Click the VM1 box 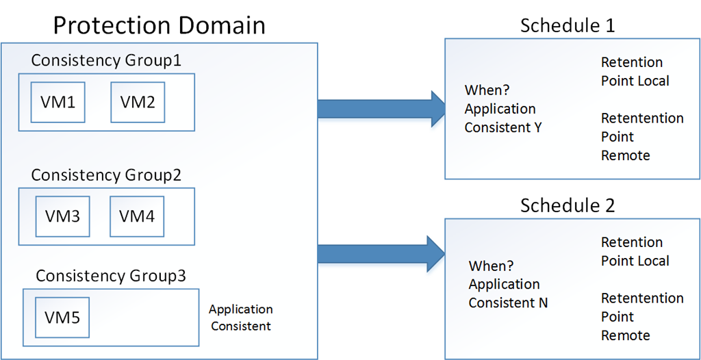(x=58, y=102)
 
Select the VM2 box (x=138, y=102)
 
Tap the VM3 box (x=62, y=216)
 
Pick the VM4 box (x=137, y=216)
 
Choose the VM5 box (x=62, y=318)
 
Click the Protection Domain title (x=159, y=25)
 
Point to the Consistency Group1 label (x=106, y=60)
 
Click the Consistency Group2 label (x=106, y=175)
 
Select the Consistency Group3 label (x=111, y=276)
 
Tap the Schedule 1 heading (x=568, y=25)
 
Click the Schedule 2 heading (x=568, y=206)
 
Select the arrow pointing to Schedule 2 (x=381, y=253)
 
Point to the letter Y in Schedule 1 (x=538, y=127)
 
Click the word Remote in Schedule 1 (x=626, y=155)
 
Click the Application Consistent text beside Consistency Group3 (x=241, y=318)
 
